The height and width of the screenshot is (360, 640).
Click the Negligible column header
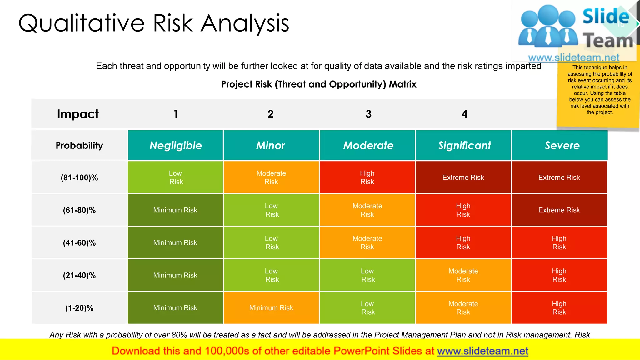click(x=176, y=145)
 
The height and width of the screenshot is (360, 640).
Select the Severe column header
click(x=562, y=145)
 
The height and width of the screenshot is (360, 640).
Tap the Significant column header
click(x=464, y=145)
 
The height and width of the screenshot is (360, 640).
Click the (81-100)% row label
click(x=79, y=177)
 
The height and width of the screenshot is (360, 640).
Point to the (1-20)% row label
click(x=79, y=308)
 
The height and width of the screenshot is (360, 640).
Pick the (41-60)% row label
click(x=79, y=243)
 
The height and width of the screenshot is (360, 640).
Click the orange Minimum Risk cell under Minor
click(x=271, y=308)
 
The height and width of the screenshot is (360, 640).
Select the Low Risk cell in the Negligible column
click(x=176, y=177)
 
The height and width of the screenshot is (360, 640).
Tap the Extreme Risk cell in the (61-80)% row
click(x=559, y=210)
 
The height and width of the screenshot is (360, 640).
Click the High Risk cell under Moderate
click(x=367, y=177)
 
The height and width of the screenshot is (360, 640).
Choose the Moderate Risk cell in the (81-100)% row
click(x=271, y=177)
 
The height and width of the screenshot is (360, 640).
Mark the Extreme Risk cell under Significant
click(x=463, y=177)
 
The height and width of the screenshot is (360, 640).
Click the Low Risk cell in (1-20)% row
click(x=367, y=308)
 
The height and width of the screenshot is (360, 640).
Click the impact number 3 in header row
click(x=369, y=114)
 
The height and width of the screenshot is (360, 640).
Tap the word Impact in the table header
click(x=78, y=114)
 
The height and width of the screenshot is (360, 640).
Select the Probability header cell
click(x=79, y=145)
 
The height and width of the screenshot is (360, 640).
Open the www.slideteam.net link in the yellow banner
click(x=482, y=351)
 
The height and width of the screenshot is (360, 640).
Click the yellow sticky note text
click(x=599, y=90)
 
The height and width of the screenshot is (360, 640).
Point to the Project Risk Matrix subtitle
click(x=319, y=84)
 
